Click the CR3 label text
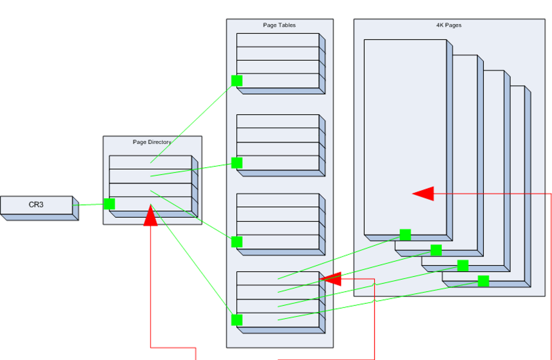tap(36, 205)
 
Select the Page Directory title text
tap(152, 142)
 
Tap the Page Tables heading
tap(279, 25)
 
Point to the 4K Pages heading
tap(449, 25)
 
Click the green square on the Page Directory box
tap(110, 204)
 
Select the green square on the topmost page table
tap(237, 81)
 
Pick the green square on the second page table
tap(237, 163)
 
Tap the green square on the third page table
tap(237, 242)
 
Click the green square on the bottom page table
tap(237, 320)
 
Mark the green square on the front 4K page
tap(405, 235)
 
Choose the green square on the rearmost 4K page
tap(483, 281)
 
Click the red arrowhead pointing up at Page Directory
tap(151, 216)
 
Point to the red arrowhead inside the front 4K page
tap(423, 194)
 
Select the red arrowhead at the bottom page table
tap(331, 279)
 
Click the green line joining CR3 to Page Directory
tap(88, 205)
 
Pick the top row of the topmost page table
tap(278, 40)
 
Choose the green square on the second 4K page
tap(436, 250)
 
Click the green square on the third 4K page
tap(463, 266)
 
